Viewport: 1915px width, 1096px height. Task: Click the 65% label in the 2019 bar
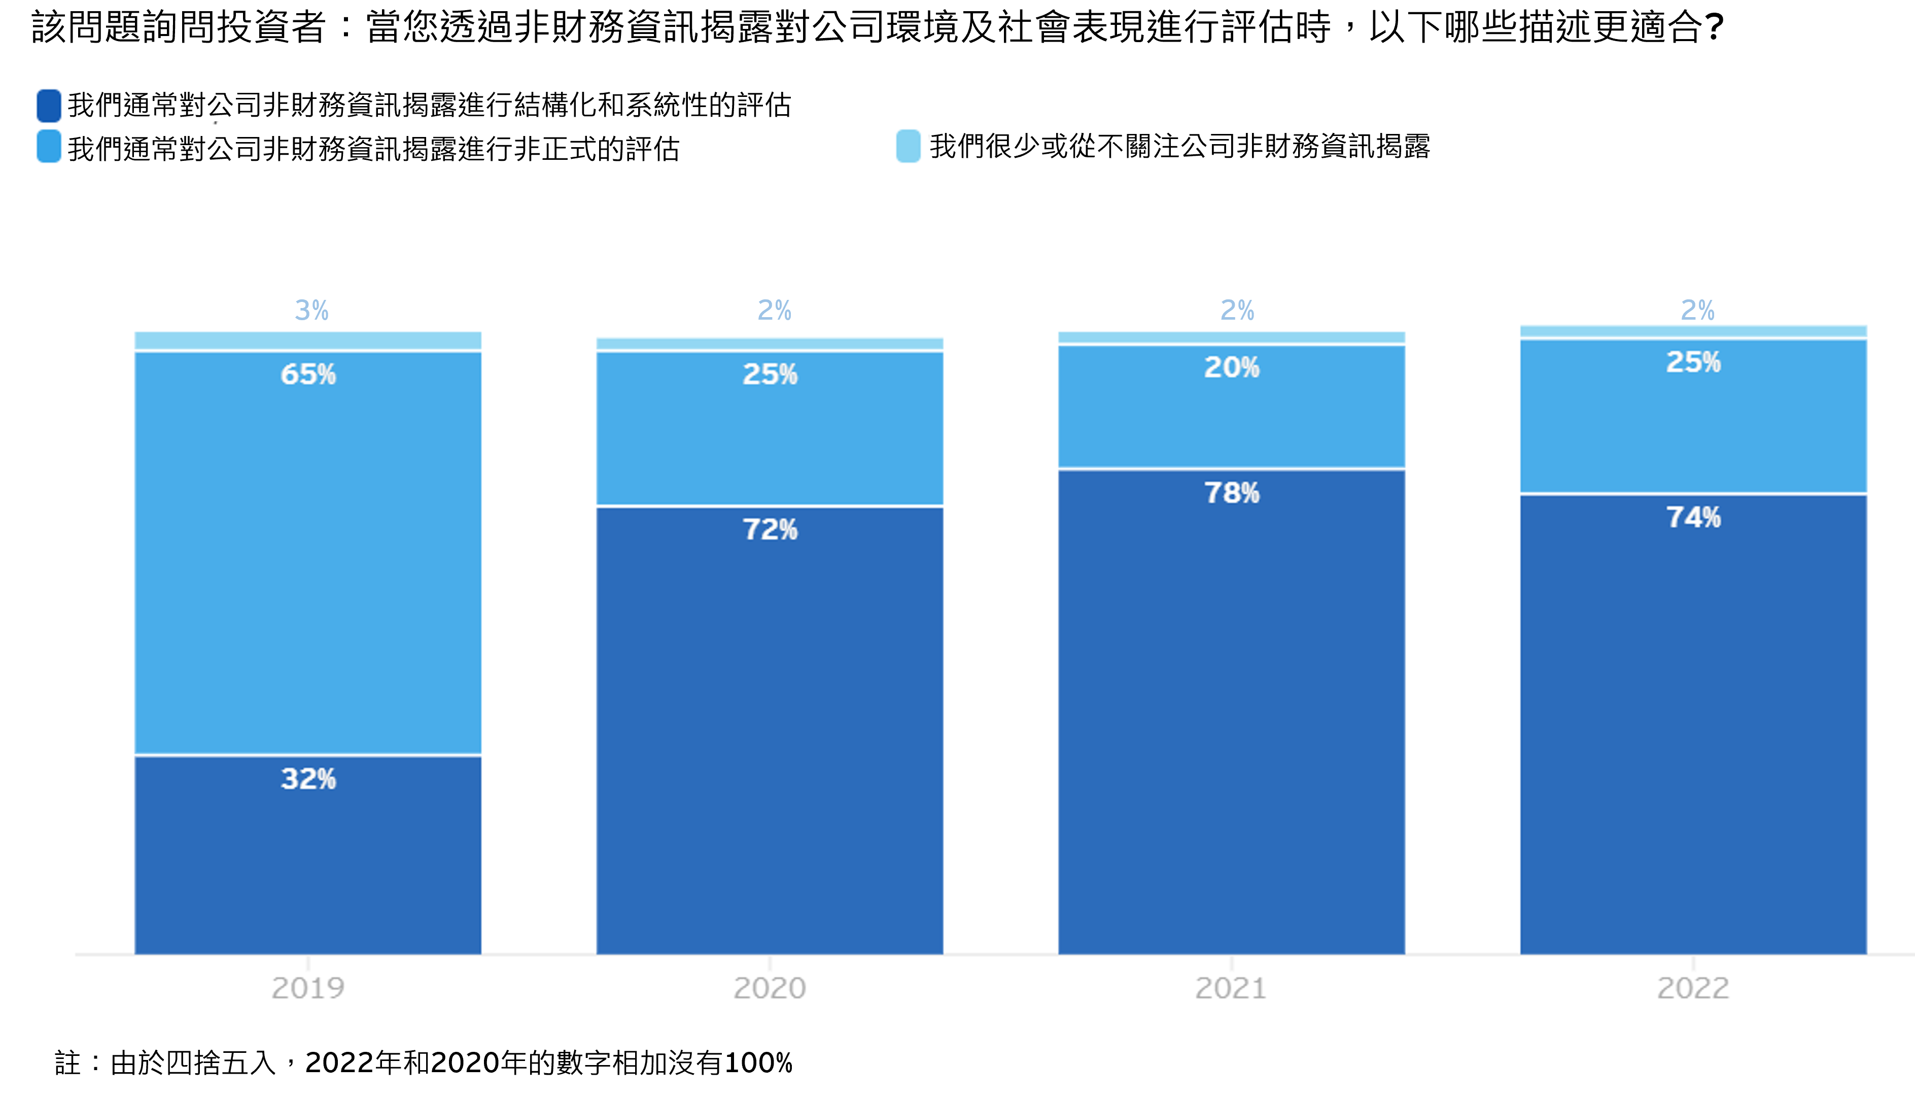click(308, 374)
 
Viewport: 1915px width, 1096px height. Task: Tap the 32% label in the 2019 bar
click(308, 779)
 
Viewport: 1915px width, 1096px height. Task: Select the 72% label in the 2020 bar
click(770, 529)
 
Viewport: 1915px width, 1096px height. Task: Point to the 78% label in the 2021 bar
click(1232, 493)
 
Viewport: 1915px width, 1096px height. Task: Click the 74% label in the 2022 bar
click(1693, 517)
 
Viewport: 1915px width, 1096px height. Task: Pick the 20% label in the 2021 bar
click(1232, 367)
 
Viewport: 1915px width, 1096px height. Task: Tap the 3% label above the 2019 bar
click(311, 310)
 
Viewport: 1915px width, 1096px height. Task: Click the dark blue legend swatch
click(49, 106)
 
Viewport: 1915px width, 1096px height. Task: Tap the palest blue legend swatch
click(908, 146)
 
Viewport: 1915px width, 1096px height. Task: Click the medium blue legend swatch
click(49, 147)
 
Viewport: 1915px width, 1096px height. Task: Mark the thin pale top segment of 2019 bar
click(308, 341)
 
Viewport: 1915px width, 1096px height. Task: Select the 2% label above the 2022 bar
click(1697, 310)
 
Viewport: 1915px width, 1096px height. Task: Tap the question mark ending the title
click(1714, 28)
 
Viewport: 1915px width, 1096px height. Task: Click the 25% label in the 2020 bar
click(770, 374)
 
